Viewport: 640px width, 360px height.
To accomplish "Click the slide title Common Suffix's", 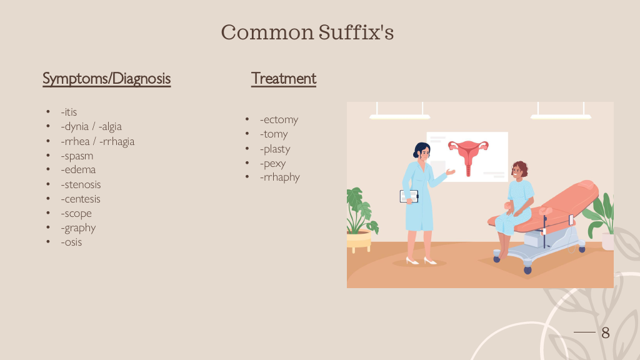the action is coord(307,32).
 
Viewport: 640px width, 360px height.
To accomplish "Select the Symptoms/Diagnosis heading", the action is coord(106,78).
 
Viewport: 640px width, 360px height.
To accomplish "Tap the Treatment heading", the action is coord(284,78).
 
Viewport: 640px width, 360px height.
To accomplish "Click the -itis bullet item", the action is coord(69,112).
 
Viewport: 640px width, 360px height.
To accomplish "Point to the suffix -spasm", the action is coord(77,156).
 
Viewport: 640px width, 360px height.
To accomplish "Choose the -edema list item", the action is coord(78,169).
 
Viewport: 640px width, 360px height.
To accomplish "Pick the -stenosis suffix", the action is coord(81,184).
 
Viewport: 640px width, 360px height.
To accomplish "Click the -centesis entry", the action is coord(81,199).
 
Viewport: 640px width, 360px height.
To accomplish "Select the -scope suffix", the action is coord(76,214).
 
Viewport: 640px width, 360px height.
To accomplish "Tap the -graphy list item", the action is coord(78,227).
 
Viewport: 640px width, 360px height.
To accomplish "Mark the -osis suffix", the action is coord(71,242).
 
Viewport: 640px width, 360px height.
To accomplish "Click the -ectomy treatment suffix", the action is coord(279,119).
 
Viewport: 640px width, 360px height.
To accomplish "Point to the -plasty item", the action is coord(275,149).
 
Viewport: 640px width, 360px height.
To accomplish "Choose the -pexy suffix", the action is coord(272,163).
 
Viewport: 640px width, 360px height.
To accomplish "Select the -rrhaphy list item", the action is coord(279,177).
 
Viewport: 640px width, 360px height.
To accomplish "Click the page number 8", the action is coord(606,332).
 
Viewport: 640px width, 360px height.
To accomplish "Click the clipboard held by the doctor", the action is coord(409,196).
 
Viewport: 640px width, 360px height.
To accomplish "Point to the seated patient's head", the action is coord(519,170).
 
